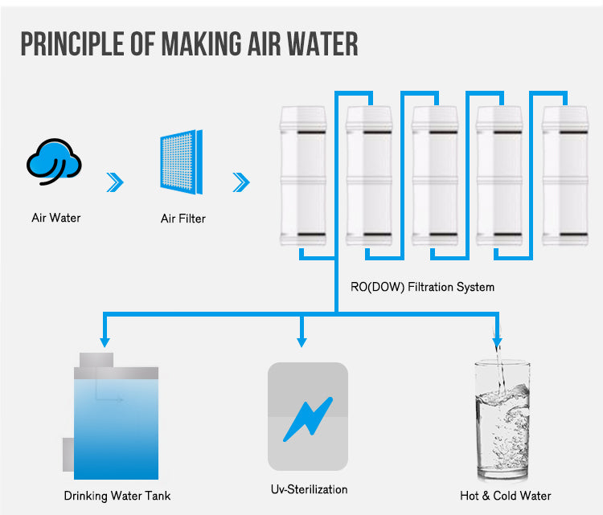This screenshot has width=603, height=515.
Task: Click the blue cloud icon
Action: click(55, 162)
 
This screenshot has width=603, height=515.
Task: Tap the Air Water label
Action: click(56, 218)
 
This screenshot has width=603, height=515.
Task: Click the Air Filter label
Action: click(184, 218)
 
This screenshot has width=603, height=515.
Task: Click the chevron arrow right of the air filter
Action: click(240, 183)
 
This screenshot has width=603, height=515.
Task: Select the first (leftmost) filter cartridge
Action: click(302, 177)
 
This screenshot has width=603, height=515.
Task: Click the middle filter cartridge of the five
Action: click(434, 177)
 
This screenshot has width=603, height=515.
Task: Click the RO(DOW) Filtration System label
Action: click(422, 286)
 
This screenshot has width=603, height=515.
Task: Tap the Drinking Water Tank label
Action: click(117, 496)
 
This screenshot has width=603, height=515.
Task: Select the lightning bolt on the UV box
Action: click(307, 419)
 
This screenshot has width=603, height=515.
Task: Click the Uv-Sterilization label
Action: click(309, 489)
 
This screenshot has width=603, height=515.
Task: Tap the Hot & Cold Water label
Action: click(506, 496)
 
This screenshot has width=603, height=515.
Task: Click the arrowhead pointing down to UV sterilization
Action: click(301, 341)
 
